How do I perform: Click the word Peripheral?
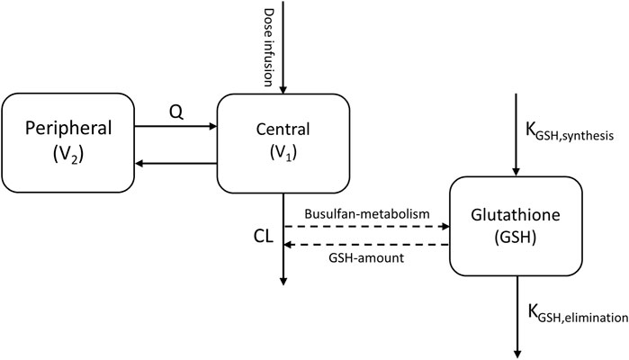[67, 128]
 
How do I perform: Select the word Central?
[282, 121]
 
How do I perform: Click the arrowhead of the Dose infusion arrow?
[283, 89]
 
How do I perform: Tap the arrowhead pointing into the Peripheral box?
[139, 163]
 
